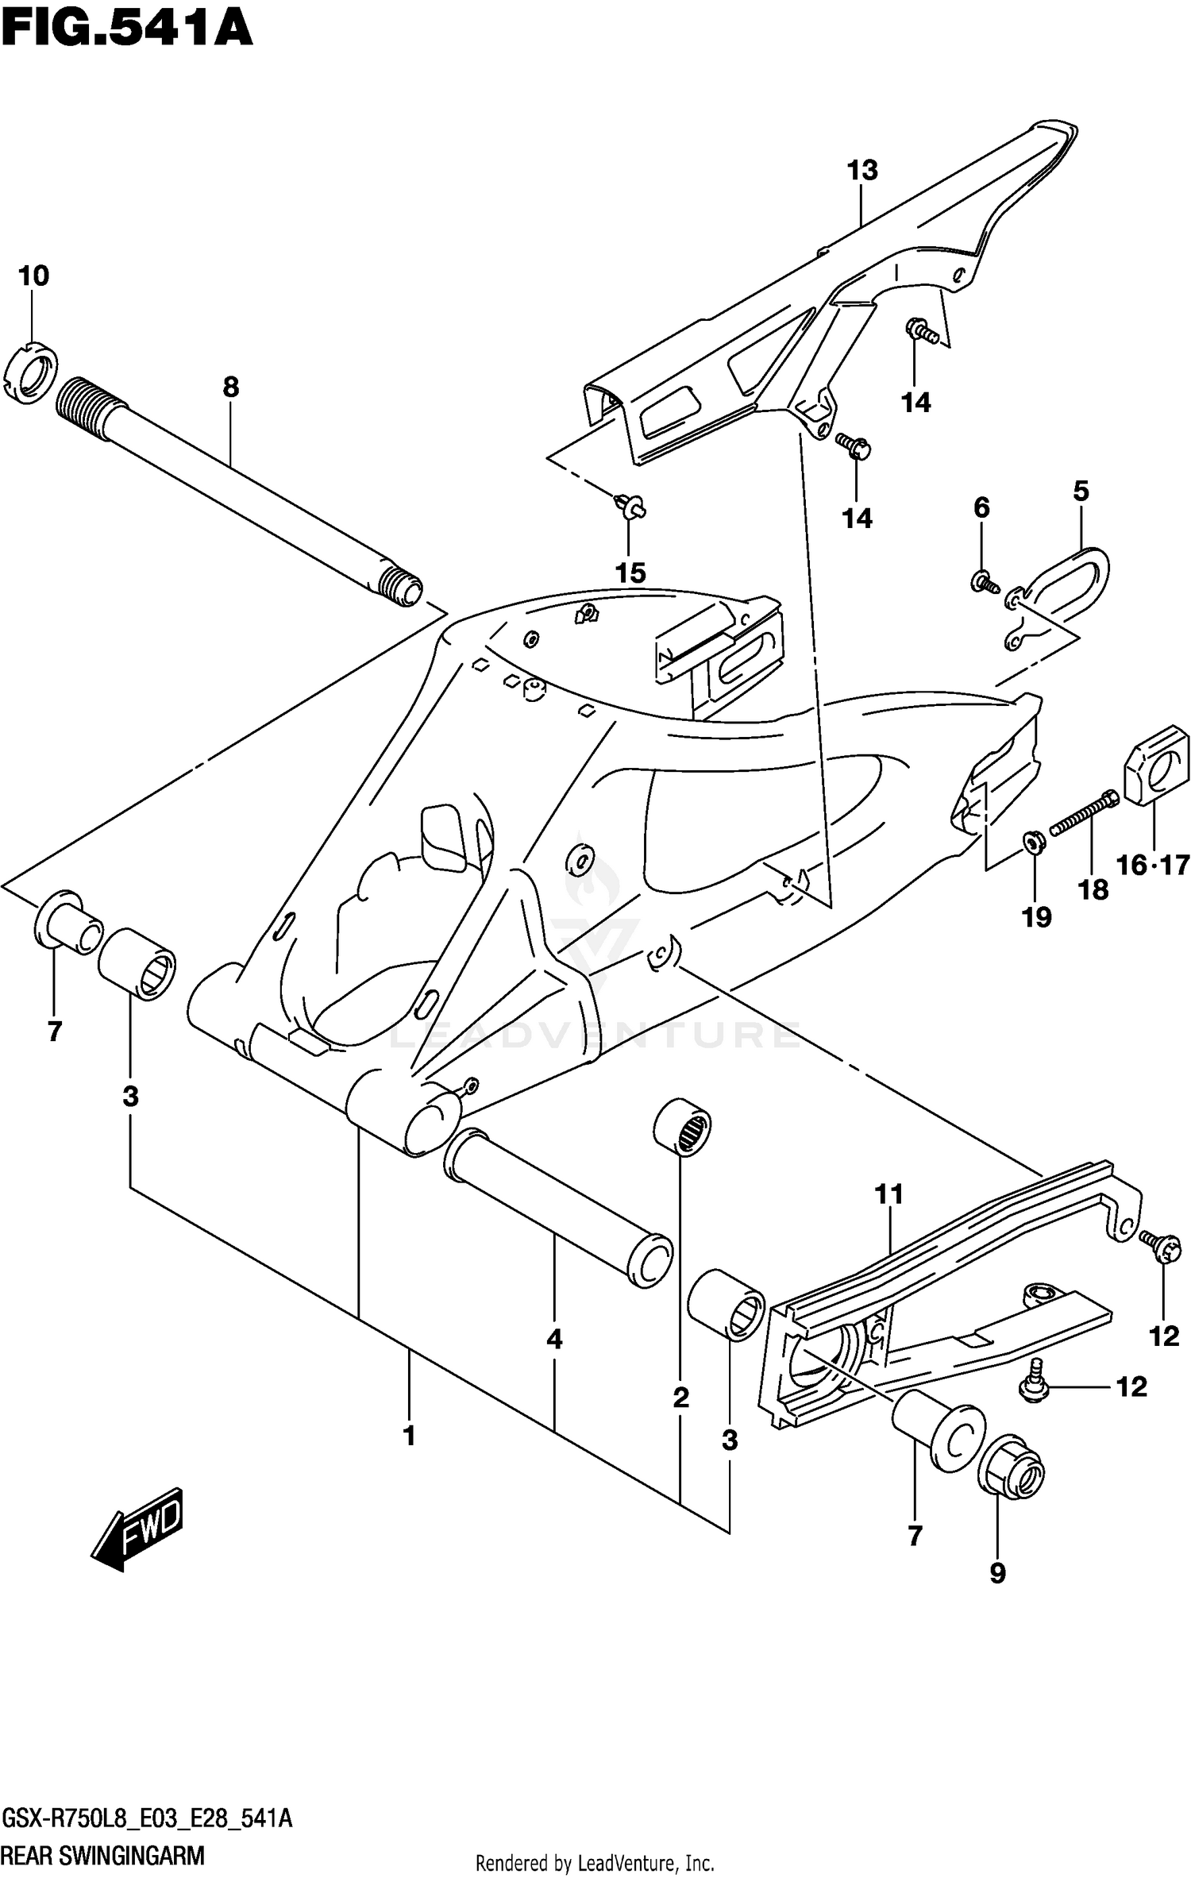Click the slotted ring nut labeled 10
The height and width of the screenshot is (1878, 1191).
point(31,372)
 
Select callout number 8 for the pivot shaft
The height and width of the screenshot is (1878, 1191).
point(230,388)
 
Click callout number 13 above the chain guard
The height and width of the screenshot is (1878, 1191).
point(862,171)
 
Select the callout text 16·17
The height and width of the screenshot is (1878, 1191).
point(1153,865)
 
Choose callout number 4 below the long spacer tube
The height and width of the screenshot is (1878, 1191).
point(554,1339)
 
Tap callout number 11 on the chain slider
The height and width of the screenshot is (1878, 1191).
point(889,1194)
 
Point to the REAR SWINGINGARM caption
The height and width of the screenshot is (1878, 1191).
point(103,1854)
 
